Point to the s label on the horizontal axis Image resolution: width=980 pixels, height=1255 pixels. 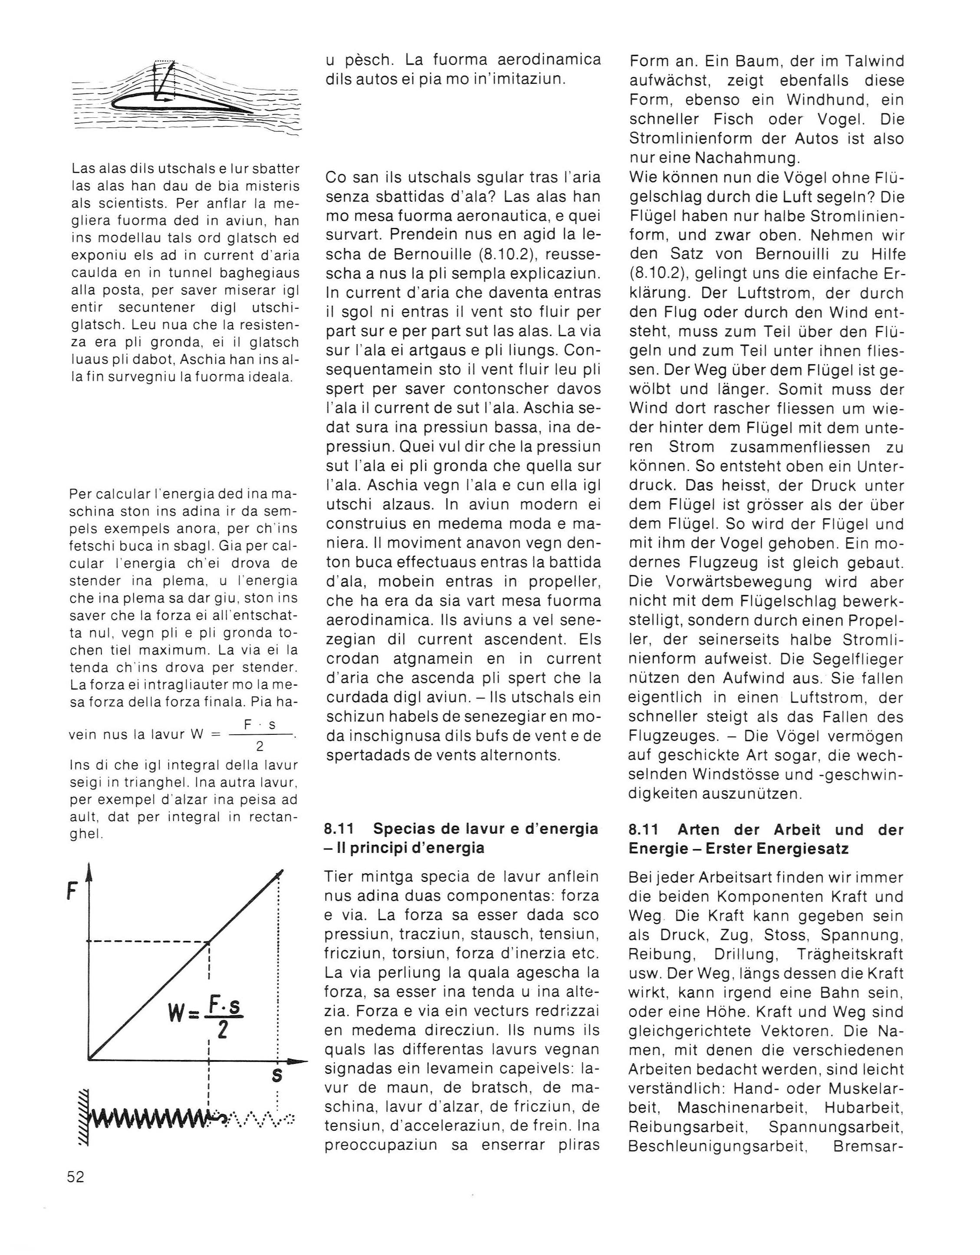coord(277,1074)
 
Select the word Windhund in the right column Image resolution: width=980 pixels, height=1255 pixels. coord(825,100)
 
